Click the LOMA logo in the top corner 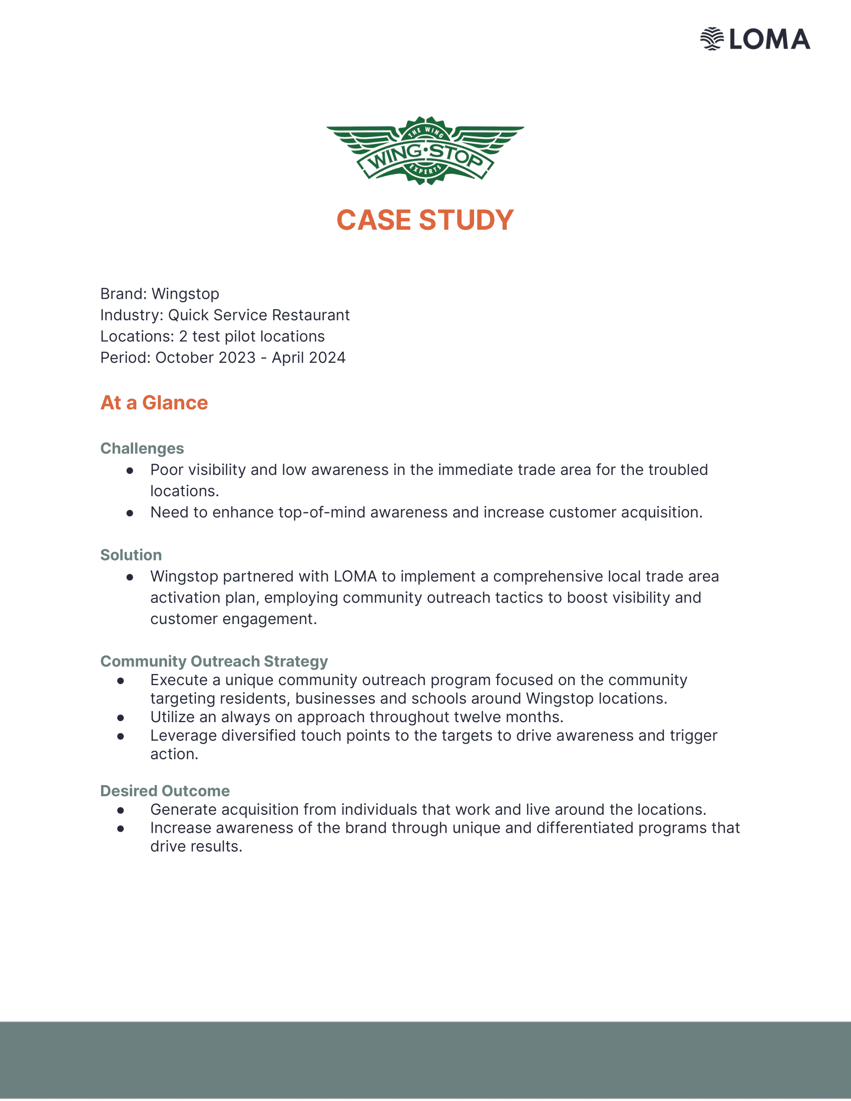(x=755, y=40)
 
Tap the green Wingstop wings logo (x=425, y=151)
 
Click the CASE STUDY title (x=425, y=220)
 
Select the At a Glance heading (x=154, y=403)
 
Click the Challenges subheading (x=142, y=448)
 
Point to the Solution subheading (x=131, y=555)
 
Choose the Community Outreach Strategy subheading (x=214, y=661)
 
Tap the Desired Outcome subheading (x=165, y=790)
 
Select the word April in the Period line (x=288, y=357)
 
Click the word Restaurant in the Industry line (x=310, y=315)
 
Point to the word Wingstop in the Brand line (x=185, y=294)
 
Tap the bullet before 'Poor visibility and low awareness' (x=130, y=470)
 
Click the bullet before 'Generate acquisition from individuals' (x=121, y=810)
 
